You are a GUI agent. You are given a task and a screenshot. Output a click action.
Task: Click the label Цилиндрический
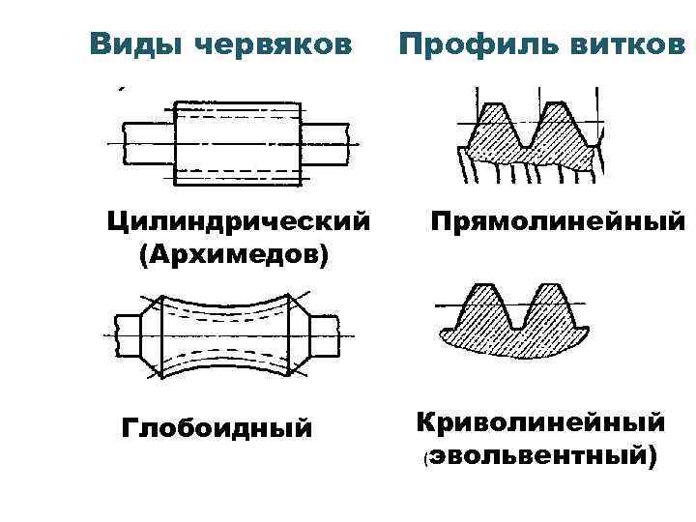click(x=239, y=223)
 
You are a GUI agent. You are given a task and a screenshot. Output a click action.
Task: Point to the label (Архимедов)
click(x=234, y=255)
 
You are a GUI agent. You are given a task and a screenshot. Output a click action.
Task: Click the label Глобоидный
click(x=217, y=426)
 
